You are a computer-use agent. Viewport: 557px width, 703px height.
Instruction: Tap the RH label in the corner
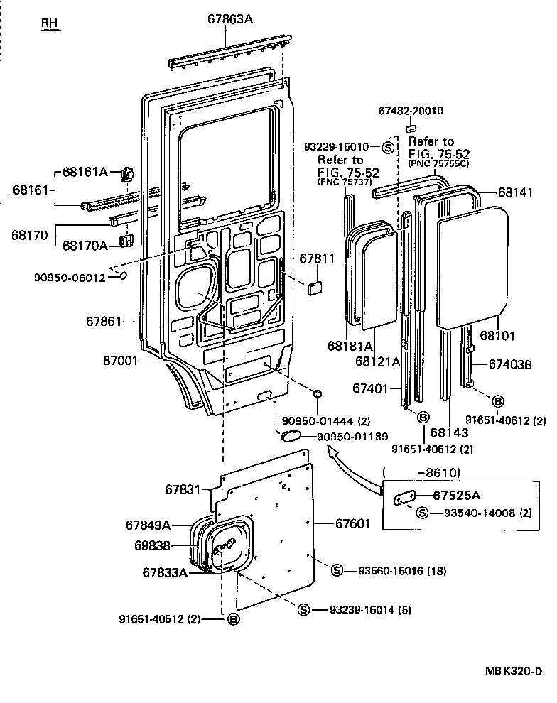(x=49, y=23)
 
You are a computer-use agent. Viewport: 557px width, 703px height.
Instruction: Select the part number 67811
(x=315, y=258)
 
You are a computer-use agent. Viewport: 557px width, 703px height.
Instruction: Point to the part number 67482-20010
(x=411, y=111)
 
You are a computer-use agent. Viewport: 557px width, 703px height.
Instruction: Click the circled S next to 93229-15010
(x=389, y=147)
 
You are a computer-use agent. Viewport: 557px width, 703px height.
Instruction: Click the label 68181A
(x=350, y=346)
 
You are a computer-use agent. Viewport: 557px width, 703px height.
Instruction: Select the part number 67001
(x=121, y=361)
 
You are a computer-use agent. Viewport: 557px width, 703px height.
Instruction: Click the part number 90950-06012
(x=69, y=278)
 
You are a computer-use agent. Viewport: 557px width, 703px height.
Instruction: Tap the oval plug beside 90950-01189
(x=292, y=435)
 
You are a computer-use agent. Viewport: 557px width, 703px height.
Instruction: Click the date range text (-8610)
(x=422, y=472)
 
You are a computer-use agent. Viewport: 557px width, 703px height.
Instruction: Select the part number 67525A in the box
(x=456, y=496)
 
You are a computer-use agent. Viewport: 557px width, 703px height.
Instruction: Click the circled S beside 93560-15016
(x=337, y=570)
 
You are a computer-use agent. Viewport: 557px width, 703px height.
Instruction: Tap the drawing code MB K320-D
(x=514, y=671)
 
